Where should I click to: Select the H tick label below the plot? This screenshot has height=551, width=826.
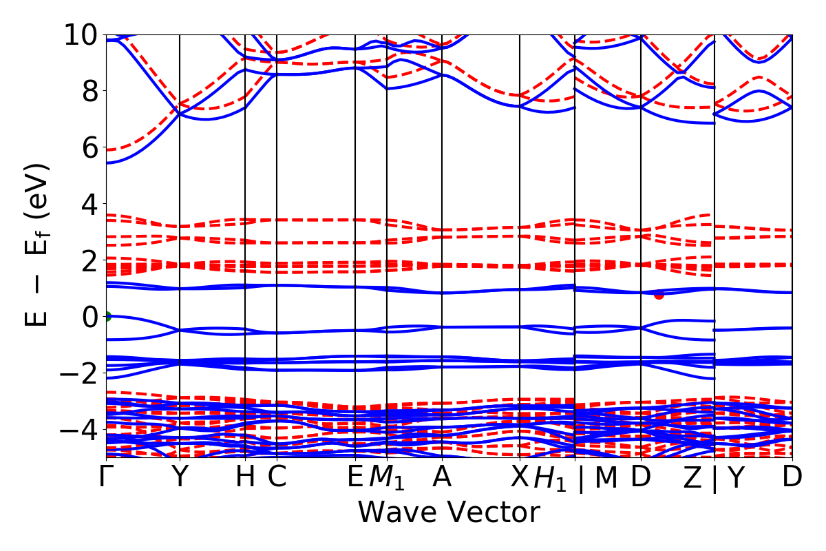tap(245, 477)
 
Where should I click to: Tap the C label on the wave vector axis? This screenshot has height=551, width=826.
tap(277, 477)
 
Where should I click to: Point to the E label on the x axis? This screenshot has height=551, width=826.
tap(355, 477)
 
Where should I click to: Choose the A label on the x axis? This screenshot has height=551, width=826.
tap(441, 477)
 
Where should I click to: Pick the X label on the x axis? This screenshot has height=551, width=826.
tap(519, 477)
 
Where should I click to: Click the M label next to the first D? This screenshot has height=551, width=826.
tap(606, 477)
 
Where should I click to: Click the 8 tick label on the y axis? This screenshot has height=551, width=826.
tap(86, 91)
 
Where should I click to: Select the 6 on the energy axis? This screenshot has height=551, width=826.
tap(86, 147)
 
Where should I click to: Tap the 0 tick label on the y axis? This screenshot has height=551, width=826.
tap(86, 317)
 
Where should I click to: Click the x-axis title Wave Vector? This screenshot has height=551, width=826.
tap(449, 513)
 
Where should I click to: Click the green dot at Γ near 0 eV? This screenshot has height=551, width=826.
tap(107, 317)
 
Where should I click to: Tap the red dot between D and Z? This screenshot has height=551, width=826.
tap(659, 295)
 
